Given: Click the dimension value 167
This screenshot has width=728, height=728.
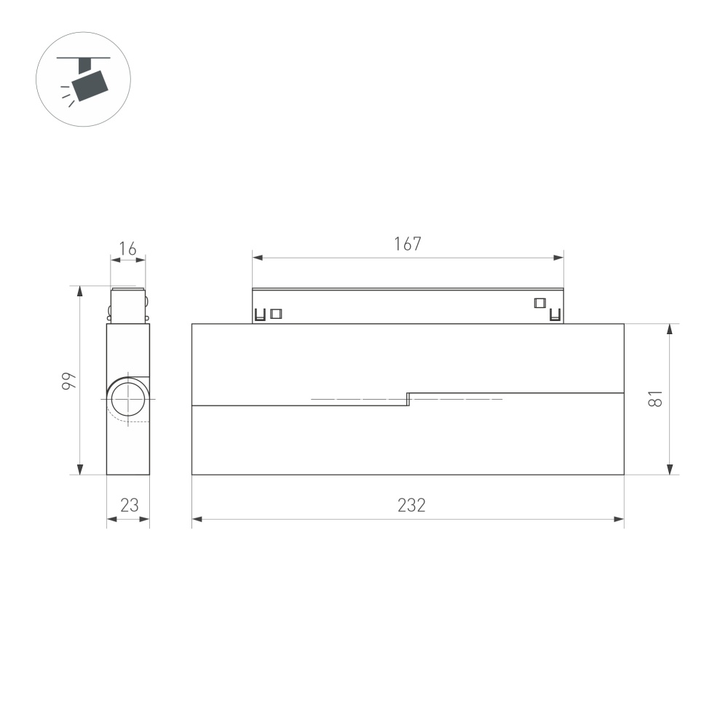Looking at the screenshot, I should tap(408, 244).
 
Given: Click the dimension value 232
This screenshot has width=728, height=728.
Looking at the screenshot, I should tap(411, 505).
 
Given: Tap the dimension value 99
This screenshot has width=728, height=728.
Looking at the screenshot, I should tap(67, 380).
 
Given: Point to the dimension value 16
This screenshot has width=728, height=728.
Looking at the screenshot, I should tap(127, 249).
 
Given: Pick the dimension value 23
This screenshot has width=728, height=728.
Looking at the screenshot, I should tap(129, 505).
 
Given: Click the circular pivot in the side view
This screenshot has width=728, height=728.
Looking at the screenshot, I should tap(128, 400).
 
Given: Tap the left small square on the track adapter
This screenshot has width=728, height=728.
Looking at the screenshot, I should tap(276, 314).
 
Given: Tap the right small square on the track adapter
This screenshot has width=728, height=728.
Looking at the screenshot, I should tap(539, 303).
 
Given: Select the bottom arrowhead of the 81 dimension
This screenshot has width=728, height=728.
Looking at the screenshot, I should tap(670, 470).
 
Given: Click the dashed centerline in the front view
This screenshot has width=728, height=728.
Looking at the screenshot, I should tap(349, 399).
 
